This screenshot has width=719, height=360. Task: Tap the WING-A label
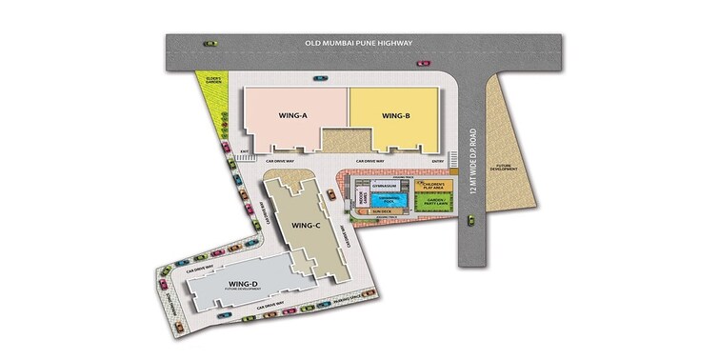click(x=292, y=116)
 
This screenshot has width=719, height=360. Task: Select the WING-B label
click(x=395, y=116)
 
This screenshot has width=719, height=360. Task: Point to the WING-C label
click(x=305, y=226)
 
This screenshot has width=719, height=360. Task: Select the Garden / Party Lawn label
click(x=434, y=202)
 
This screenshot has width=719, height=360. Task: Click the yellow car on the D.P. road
click(x=471, y=220)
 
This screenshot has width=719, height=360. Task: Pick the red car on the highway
click(x=423, y=64)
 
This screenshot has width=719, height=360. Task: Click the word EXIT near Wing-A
click(x=245, y=151)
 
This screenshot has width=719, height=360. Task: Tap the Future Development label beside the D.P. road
click(x=498, y=168)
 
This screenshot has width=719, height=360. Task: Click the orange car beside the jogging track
click(x=331, y=194)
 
